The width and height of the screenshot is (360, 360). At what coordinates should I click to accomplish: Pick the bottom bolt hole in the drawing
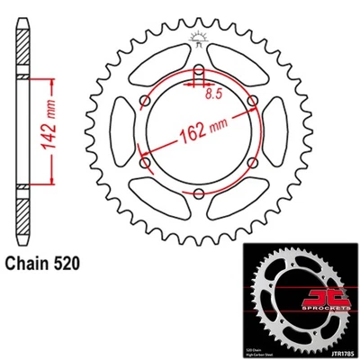197,193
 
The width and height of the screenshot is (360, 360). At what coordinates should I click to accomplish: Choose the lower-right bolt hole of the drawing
249,163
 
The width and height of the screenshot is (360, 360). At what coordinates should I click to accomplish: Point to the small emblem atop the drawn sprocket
197,37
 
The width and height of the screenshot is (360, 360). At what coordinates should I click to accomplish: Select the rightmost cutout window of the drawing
270,132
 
